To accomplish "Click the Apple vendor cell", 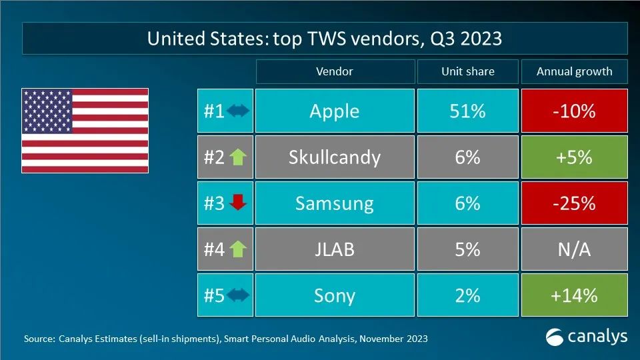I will (334, 111).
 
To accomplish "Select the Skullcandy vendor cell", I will (334, 157).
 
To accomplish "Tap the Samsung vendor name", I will (334, 203).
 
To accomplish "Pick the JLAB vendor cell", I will (334, 249).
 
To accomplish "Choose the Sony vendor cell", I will (334, 295).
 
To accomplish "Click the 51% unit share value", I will (467, 111).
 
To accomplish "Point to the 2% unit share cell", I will (467, 295).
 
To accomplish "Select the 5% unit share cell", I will (467, 249).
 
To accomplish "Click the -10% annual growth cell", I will (574, 111).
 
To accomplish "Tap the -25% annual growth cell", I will (574, 203).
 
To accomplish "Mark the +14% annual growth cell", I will (574, 295).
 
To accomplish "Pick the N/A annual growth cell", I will (574, 249).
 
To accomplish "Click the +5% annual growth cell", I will (574, 157).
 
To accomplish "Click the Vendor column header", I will (334, 71).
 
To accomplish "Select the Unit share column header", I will (467, 71).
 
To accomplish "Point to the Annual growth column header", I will (574, 71).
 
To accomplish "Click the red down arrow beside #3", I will (237, 203).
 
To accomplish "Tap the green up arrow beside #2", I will (237, 157).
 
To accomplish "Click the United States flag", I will (85, 130).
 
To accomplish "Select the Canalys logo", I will (587, 337).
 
